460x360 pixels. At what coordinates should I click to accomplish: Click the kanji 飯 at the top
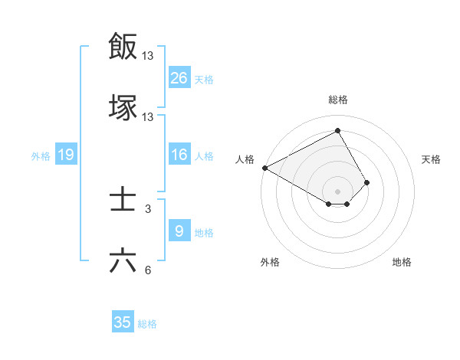(x=123, y=47)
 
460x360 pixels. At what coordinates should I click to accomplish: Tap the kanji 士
(x=123, y=201)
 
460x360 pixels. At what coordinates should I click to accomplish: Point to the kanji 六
(x=123, y=261)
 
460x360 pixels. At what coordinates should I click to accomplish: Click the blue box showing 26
(x=179, y=78)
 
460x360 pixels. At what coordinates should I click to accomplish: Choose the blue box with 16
(x=179, y=155)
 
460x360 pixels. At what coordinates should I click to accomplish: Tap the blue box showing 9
(x=179, y=231)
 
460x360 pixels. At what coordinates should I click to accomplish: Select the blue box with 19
(x=66, y=155)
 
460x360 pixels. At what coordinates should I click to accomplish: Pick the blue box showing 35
(x=123, y=322)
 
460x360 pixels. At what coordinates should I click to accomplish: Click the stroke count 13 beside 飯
(x=148, y=56)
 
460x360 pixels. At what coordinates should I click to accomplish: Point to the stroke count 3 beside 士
(x=148, y=208)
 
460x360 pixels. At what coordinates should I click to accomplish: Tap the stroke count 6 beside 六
(x=148, y=270)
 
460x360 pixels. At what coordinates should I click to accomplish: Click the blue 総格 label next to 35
(x=147, y=324)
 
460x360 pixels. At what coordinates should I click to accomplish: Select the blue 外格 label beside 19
(x=41, y=156)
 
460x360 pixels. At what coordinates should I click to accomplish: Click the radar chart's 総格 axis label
(x=337, y=100)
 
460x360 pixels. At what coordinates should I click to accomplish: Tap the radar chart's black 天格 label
(x=432, y=159)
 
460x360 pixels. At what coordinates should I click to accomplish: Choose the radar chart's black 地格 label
(x=402, y=262)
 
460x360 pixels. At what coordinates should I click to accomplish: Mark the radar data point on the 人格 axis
(x=264, y=168)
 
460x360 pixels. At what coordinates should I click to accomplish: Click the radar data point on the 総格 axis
(x=337, y=130)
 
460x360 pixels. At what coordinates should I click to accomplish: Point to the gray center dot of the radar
(x=337, y=191)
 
